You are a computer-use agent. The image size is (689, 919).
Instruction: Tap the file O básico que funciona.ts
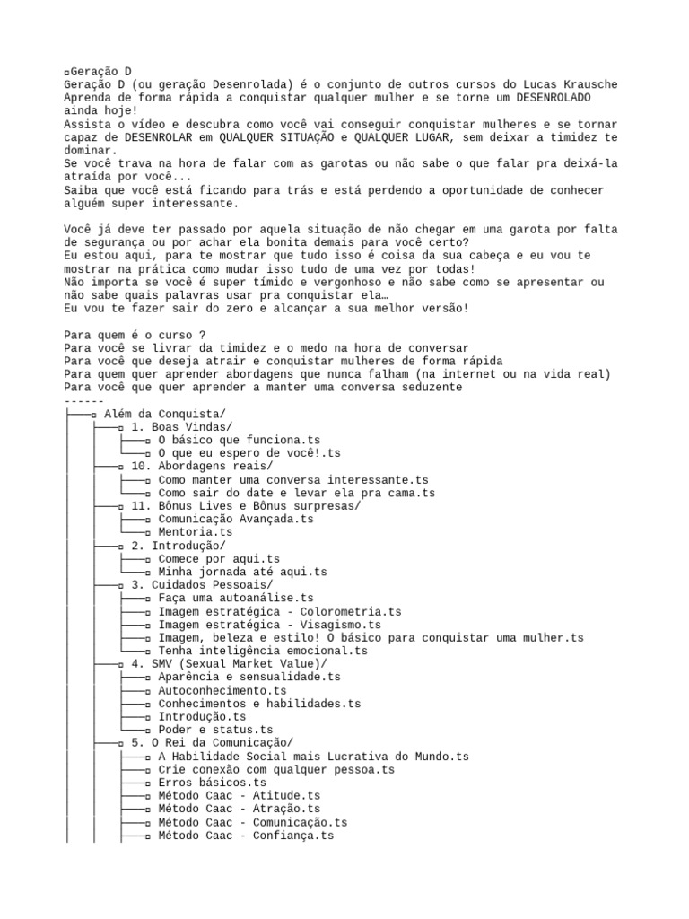click(239, 440)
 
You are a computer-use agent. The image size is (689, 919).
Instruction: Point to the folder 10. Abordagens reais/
click(201, 467)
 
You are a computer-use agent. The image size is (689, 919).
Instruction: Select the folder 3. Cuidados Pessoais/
click(201, 585)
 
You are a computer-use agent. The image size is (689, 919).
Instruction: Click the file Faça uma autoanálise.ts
click(235, 598)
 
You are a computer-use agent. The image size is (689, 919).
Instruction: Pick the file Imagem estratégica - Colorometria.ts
click(279, 611)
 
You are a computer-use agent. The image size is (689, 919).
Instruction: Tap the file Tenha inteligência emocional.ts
click(262, 651)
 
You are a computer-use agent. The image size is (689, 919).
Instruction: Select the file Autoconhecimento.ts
click(222, 691)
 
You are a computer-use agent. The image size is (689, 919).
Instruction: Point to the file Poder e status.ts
click(215, 731)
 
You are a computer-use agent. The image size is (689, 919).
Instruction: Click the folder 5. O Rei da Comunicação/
click(212, 744)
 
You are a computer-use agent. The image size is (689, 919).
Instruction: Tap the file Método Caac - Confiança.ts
click(246, 836)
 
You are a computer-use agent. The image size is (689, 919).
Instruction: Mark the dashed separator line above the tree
click(84, 400)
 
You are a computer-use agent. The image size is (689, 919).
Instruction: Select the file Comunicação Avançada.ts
click(235, 519)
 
